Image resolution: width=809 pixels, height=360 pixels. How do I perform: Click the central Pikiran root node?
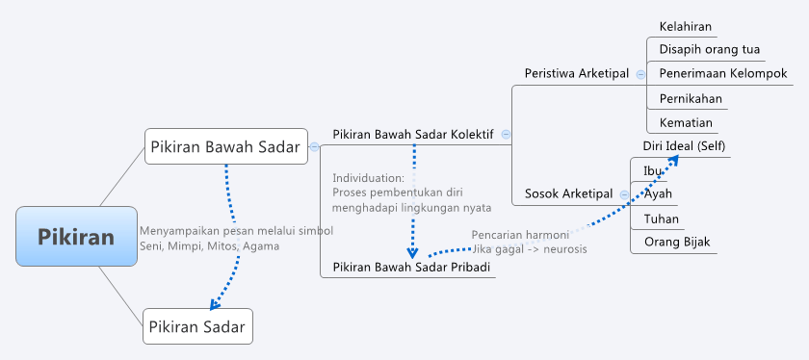point(76,236)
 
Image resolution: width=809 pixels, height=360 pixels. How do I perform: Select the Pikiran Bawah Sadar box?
point(225,146)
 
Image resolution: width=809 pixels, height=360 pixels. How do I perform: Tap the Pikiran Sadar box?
point(197,327)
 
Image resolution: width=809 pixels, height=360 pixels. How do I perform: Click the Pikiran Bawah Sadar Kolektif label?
point(413,134)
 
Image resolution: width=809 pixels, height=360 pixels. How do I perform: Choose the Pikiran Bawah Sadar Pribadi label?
point(411,267)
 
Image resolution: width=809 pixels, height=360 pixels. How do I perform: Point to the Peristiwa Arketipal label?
point(576,73)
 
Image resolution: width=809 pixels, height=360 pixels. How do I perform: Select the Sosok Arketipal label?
point(568,193)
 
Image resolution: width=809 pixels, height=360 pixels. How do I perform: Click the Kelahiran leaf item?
point(686,26)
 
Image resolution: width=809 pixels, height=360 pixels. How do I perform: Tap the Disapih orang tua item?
point(708,49)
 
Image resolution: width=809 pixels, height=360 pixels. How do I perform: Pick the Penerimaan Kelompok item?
point(722,73)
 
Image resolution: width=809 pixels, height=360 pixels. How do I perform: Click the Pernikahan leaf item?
point(691,98)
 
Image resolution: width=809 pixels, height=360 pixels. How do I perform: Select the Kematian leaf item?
point(686,122)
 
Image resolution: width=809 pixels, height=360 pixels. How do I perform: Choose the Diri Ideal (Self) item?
point(684,146)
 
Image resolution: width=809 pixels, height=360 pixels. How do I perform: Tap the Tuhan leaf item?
point(662,219)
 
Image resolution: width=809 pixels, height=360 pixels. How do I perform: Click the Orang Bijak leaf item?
point(677,242)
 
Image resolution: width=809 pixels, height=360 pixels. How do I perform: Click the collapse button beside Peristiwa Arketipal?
point(640,74)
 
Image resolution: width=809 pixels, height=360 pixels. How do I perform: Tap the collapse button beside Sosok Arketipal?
point(624,194)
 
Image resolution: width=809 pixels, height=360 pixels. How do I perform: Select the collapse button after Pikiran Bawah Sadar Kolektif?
point(506,135)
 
